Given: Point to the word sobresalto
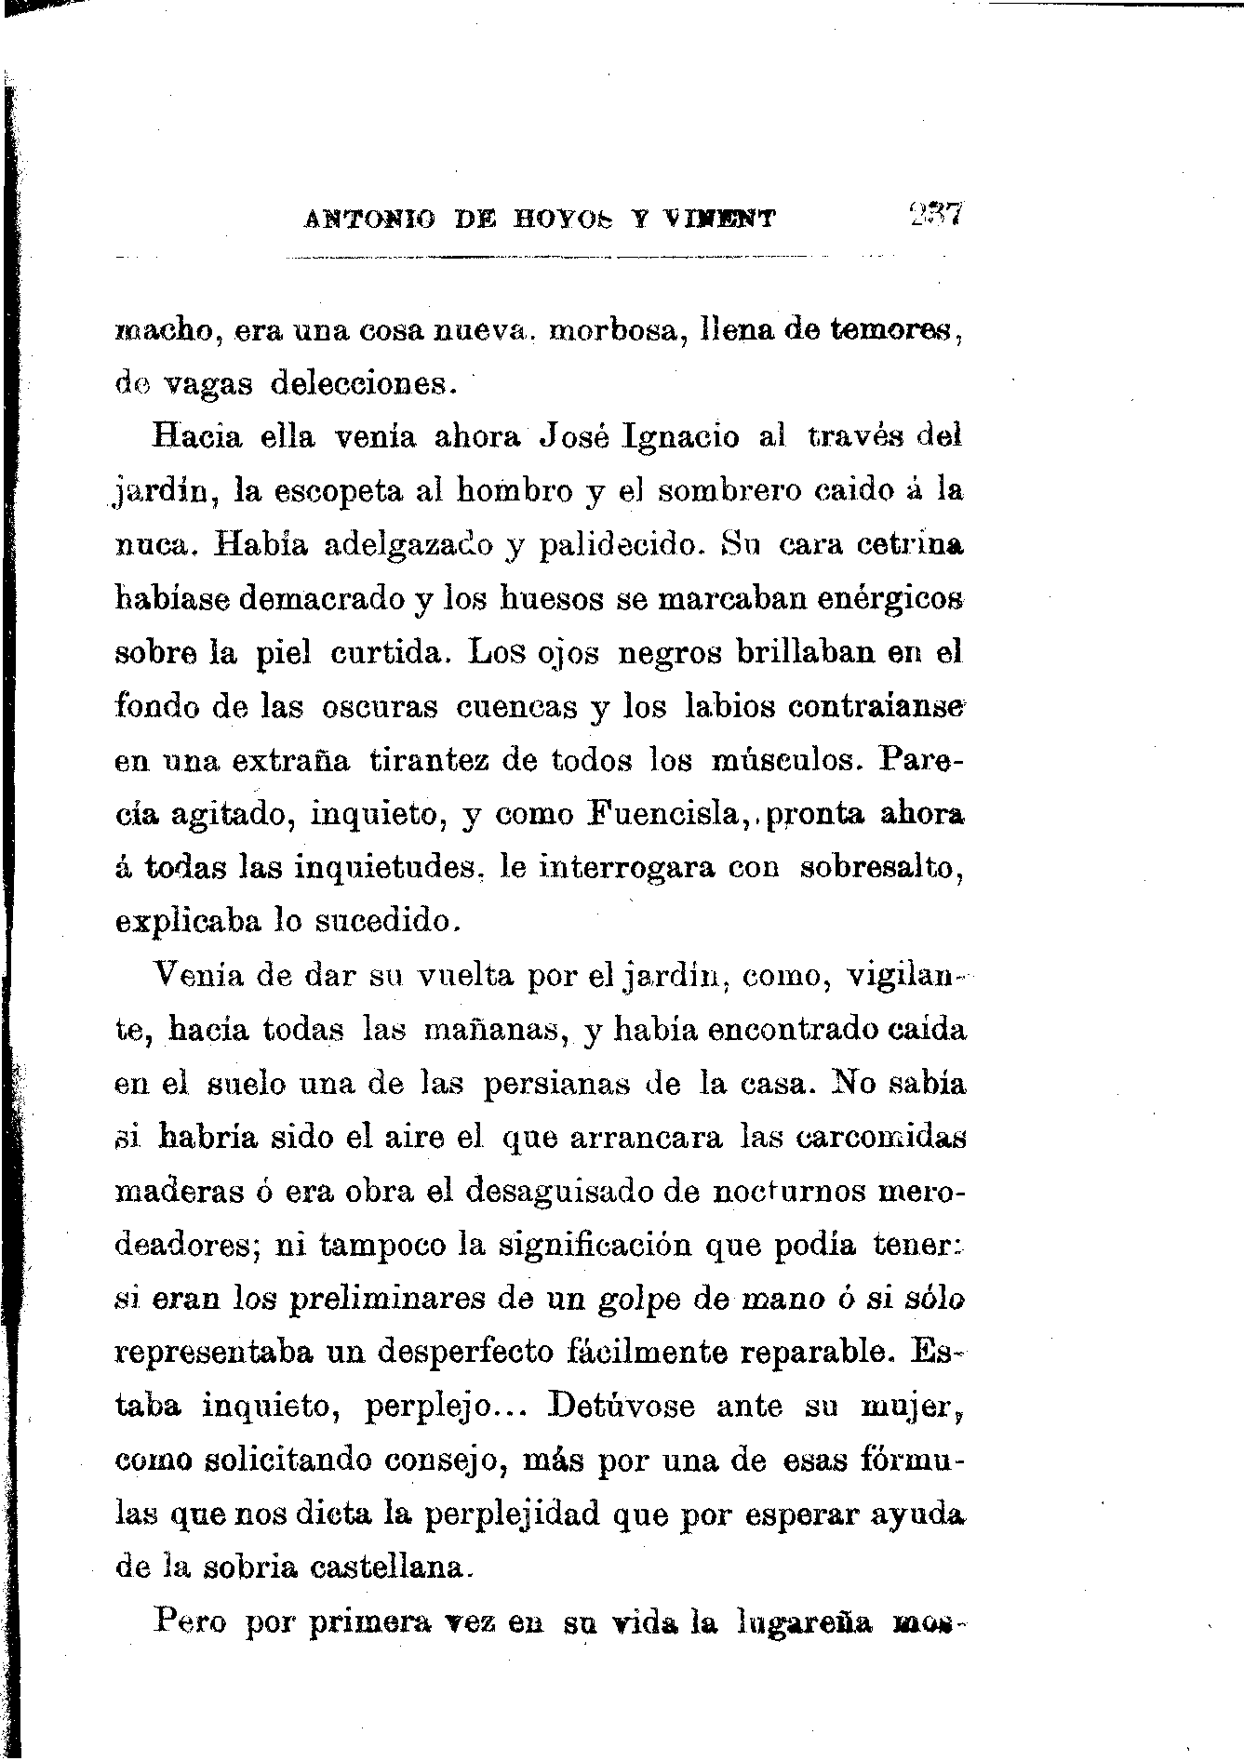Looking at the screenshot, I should [x=880, y=868].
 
